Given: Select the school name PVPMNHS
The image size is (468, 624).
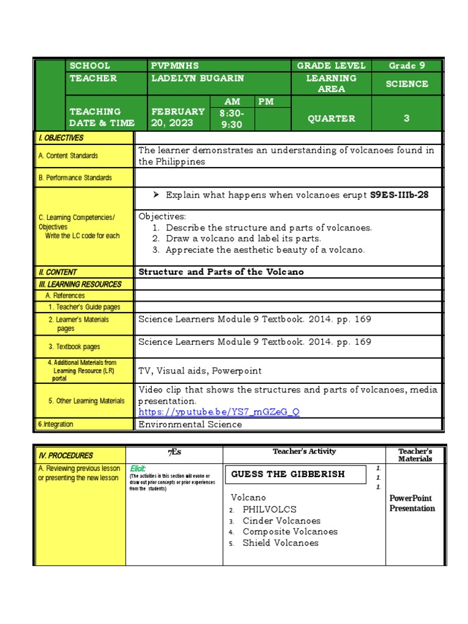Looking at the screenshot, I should point(174,65).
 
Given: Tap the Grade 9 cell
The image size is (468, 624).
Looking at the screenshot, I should point(406,65).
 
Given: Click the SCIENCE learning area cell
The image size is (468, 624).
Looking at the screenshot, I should point(406,84).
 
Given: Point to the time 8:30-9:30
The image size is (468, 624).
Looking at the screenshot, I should point(231,118).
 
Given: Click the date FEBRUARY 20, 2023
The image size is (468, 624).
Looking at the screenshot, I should point(178,117).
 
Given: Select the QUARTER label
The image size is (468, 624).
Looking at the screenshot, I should point(331,119).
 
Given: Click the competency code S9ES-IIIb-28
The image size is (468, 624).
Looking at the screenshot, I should point(403,196).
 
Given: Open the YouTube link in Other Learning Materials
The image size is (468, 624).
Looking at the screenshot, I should point(219,412).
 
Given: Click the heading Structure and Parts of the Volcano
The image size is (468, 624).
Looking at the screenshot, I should point(221,272).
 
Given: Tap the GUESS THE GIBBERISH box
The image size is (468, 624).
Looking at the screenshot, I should point(288,474).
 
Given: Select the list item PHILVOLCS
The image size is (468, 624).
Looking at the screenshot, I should point(269,509).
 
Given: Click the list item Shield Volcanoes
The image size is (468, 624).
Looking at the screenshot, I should point(280,543).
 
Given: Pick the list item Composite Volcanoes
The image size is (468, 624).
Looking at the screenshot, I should point(289,531).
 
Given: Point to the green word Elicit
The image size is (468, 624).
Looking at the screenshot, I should point(138,468).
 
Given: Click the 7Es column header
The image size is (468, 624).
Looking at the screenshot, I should point(174,452).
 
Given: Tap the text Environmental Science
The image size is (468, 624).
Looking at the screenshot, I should point(190,424).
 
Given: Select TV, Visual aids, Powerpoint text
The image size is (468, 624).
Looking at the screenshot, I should point(200,370).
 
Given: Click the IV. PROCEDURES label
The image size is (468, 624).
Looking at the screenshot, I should point(66,455).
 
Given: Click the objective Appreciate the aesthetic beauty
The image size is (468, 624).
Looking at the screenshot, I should point(265,250).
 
